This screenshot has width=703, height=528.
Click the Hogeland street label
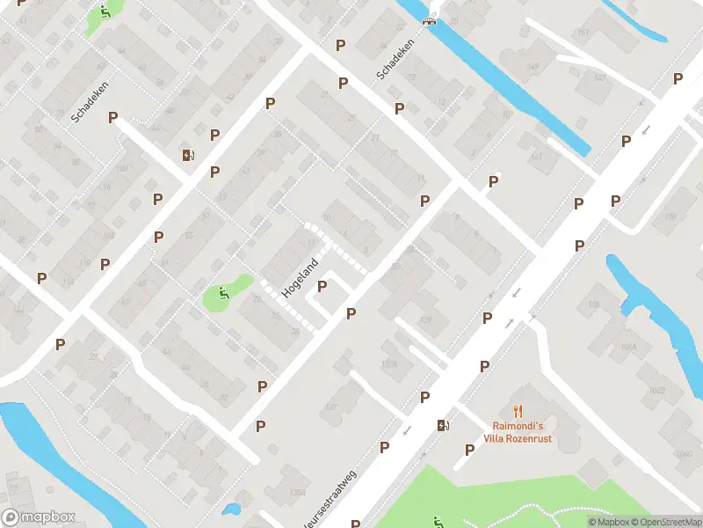tap(299, 277)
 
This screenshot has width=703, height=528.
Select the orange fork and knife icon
tap(518, 410)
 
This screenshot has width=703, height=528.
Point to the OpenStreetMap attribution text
tap(663, 522)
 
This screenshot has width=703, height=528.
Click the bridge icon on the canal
tap(430, 21)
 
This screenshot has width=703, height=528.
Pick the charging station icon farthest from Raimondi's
tap(188, 156)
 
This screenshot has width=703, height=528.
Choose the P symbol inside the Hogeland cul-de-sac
tap(322, 286)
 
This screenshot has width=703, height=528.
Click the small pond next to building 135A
tap(232, 509)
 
